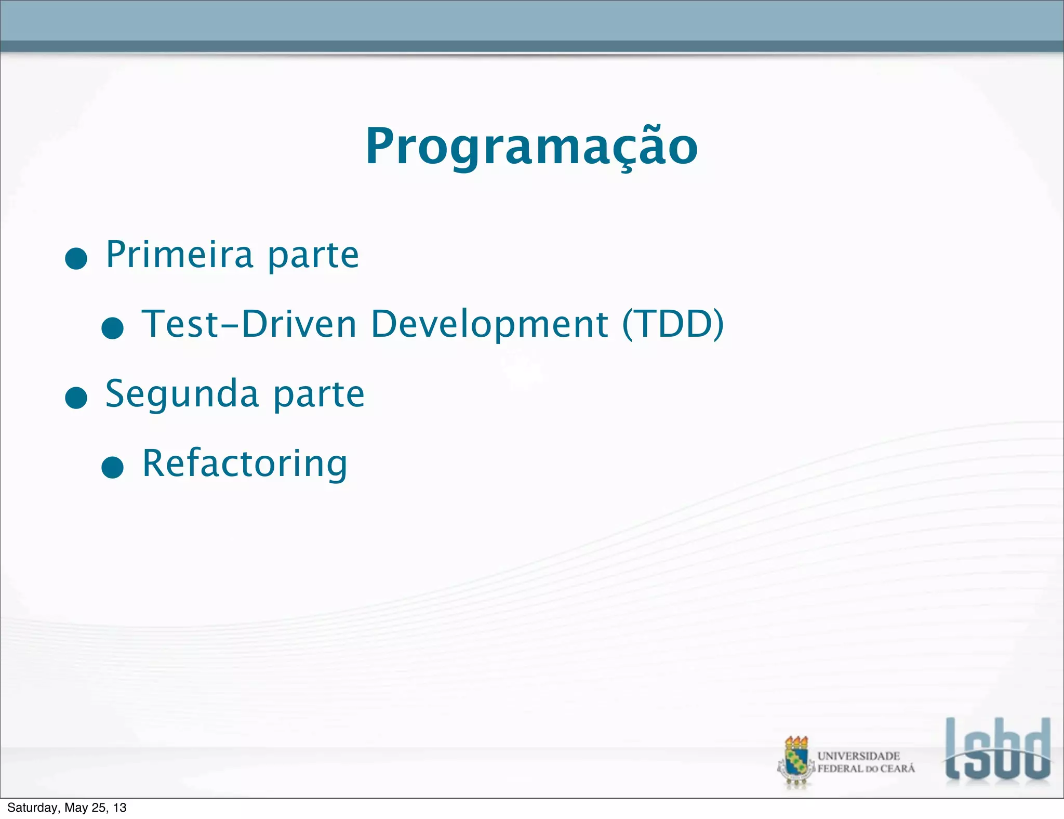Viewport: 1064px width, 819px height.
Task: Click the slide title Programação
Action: pyautogui.click(x=531, y=147)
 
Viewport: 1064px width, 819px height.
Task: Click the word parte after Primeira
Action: pyautogui.click(x=313, y=256)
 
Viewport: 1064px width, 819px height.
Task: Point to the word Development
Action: pyautogui.click(x=489, y=324)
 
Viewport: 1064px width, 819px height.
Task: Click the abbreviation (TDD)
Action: pyautogui.click(x=673, y=324)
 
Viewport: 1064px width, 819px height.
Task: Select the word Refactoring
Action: pyautogui.click(x=245, y=464)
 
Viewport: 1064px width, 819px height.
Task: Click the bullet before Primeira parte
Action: pyautogui.click(x=76, y=258)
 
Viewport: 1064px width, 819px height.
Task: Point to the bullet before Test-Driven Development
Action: pyautogui.click(x=112, y=328)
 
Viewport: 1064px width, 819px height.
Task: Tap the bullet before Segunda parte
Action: pyautogui.click(x=76, y=398)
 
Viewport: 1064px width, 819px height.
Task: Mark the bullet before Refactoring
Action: pyautogui.click(x=112, y=467)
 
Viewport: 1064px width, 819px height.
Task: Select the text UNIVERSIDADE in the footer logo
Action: pyautogui.click(x=858, y=756)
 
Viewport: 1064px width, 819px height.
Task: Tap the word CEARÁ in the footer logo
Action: pyautogui.click(x=897, y=769)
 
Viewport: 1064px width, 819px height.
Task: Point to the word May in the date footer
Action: pyautogui.click(x=76, y=808)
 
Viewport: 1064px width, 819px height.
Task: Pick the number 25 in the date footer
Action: pyautogui.click(x=99, y=808)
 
